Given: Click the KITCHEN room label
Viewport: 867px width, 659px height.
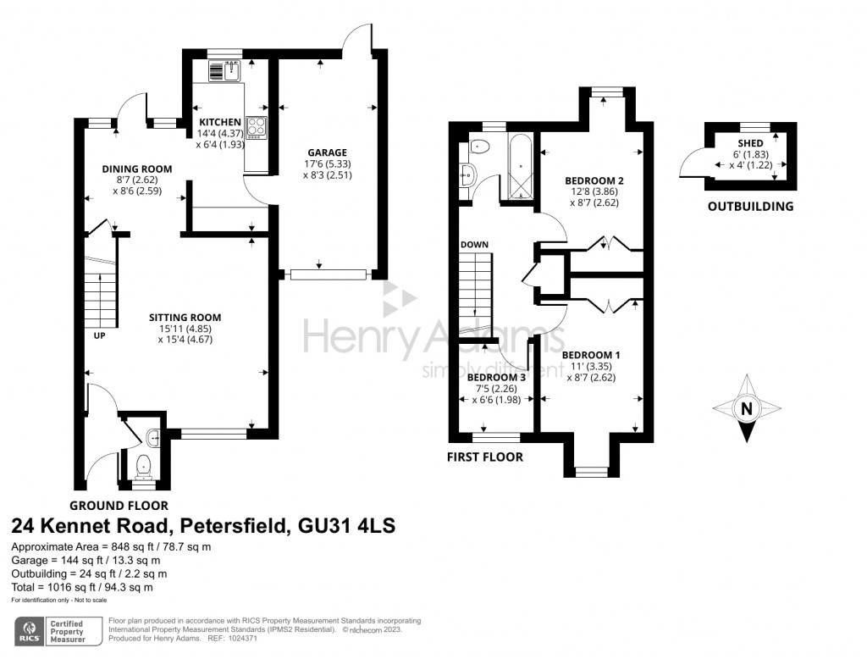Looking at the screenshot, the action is coord(220,122).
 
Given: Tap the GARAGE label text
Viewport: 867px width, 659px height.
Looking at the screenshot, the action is coord(328,152).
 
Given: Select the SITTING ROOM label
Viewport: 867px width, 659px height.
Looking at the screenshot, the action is coord(185,317).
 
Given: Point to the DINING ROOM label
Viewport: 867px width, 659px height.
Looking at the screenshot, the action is coord(137,169).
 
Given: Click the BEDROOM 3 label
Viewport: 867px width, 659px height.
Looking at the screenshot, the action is coord(496,378).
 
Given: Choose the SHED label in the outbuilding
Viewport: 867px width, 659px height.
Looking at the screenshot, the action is coord(750,143).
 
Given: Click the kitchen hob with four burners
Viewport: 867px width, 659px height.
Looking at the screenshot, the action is coord(256,127).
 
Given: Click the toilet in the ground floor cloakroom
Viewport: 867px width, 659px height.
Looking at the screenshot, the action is coord(144,467).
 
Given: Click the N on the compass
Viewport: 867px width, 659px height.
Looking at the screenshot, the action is coord(747,408).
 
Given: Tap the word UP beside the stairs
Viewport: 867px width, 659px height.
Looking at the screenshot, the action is coord(100,335).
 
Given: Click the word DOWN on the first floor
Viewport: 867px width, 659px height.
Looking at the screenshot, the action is coord(474,245).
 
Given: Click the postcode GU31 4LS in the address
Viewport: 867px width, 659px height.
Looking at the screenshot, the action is coord(346,525).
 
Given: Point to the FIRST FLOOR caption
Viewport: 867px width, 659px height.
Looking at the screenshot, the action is coord(485,457).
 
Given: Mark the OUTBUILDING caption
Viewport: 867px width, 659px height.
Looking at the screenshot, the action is coord(750,207).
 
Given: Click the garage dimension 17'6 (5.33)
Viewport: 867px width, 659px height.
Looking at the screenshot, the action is coord(328,163).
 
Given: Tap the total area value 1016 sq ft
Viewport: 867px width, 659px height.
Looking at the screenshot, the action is coord(64,587).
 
